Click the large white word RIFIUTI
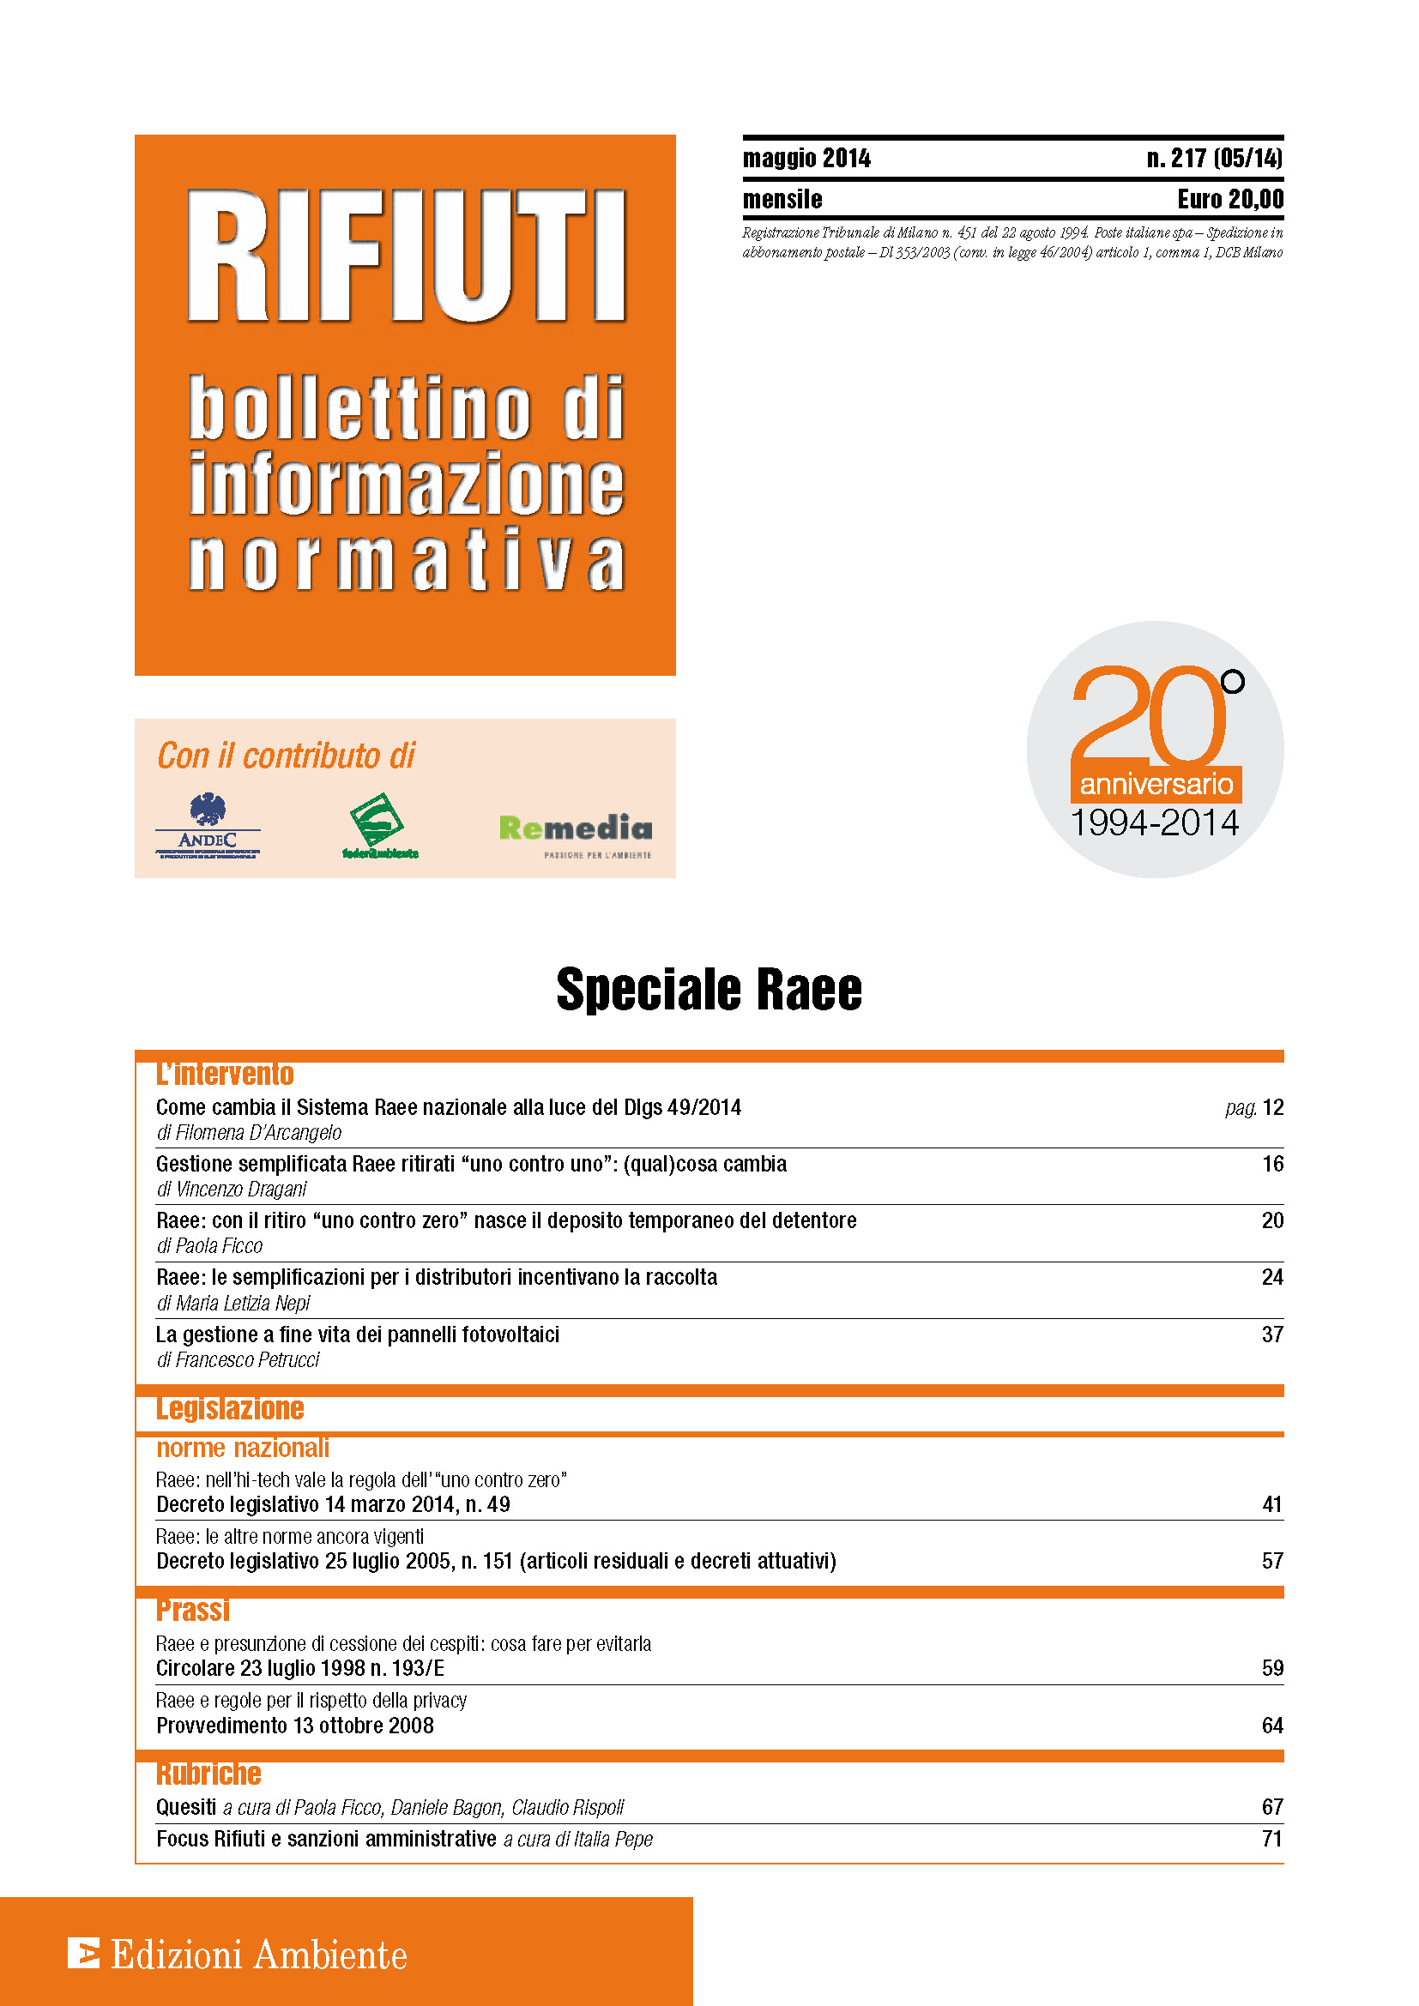pos(407,257)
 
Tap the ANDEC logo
pos(208,827)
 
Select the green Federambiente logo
pos(379,826)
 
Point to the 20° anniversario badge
pos(1154,750)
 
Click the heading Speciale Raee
pos(709,989)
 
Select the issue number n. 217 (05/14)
pos(1215,158)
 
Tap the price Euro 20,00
pos(1230,199)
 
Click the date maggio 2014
pos(806,158)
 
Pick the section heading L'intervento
pos(225,1073)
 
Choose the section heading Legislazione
pos(230,1407)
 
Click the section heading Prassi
pos(193,1608)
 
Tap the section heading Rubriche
pos(208,1773)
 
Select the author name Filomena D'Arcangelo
pos(258,1132)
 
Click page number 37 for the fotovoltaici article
pos(1272,1334)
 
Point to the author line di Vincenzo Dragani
pos(232,1189)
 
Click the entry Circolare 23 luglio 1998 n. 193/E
pos(299,1668)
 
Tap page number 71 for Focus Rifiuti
pos(1272,1839)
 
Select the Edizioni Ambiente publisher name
pos(259,1955)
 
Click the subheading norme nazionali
pos(242,1449)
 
